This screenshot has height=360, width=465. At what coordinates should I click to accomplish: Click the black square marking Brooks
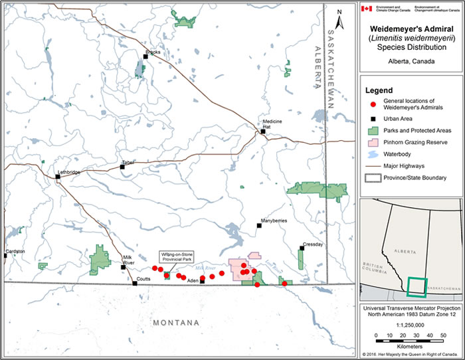[145, 56]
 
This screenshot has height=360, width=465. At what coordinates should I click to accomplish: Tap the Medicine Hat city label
[273, 124]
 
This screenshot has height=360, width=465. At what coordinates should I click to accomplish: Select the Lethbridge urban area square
[58, 177]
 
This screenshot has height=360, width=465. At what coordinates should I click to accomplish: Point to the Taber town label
[128, 163]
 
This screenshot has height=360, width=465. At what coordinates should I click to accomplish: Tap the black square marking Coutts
[135, 284]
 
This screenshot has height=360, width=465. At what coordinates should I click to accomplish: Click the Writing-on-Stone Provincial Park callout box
[175, 257]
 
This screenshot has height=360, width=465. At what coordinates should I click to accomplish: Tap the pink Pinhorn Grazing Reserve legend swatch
[373, 141]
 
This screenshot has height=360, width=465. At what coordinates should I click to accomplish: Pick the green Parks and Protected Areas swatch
[373, 130]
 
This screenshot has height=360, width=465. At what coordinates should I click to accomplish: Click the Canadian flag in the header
[367, 9]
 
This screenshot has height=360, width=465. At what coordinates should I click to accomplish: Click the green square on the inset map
[417, 286]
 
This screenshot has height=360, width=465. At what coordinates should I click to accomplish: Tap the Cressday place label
[312, 244]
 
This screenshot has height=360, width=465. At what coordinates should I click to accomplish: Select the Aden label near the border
[193, 281]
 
